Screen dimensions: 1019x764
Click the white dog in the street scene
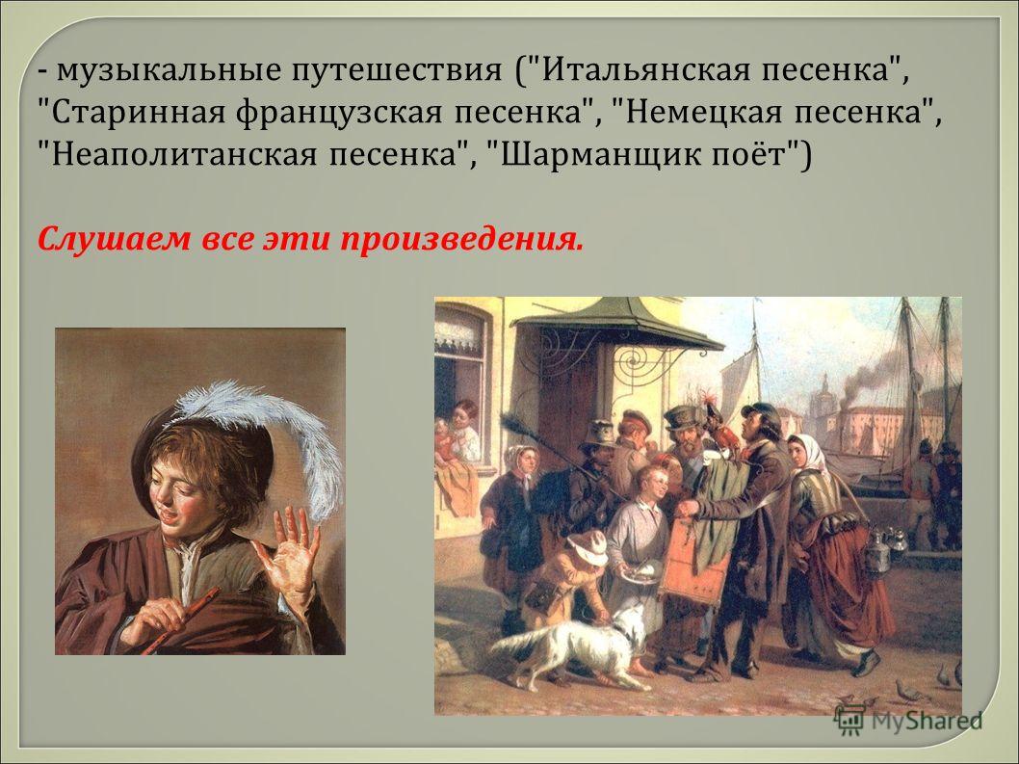click(x=572, y=645)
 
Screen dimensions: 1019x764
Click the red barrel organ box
click(x=694, y=559)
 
